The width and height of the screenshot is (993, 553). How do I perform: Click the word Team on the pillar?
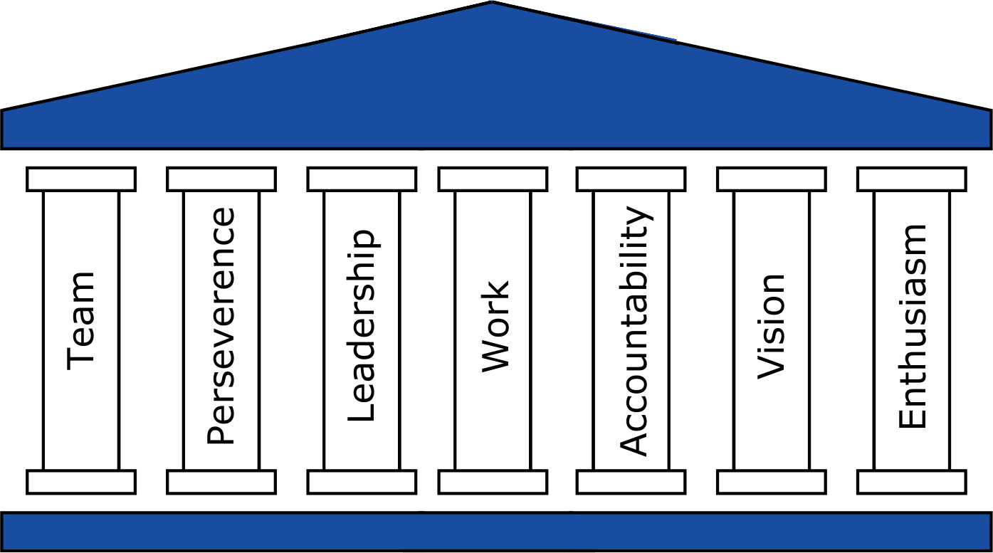[81, 320]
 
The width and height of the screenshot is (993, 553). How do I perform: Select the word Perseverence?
[221, 326]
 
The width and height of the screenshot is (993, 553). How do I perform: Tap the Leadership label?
[361, 326]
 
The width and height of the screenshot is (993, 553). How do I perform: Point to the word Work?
[495, 326]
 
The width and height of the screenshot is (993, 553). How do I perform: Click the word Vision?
[771, 326]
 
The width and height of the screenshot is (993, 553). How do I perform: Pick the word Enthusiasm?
[912, 326]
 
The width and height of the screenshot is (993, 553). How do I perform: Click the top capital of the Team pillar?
[81, 179]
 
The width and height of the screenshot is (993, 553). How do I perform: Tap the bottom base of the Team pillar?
[81, 482]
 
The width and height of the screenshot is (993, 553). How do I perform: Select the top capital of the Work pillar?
[493, 179]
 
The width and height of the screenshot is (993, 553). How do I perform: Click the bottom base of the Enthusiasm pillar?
[912, 482]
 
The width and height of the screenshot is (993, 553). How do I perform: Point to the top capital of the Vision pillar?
[772, 179]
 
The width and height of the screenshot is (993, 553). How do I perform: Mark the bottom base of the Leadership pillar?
[362, 482]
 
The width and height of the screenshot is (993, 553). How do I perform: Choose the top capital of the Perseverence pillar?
[221, 179]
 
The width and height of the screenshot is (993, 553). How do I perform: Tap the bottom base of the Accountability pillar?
[631, 482]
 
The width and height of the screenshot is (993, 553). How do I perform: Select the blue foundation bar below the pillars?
[496, 531]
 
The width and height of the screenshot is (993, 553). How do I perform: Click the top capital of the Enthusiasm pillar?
[912, 179]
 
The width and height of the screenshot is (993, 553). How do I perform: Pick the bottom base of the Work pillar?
[493, 482]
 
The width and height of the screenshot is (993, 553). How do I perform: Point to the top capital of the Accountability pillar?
[631, 179]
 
